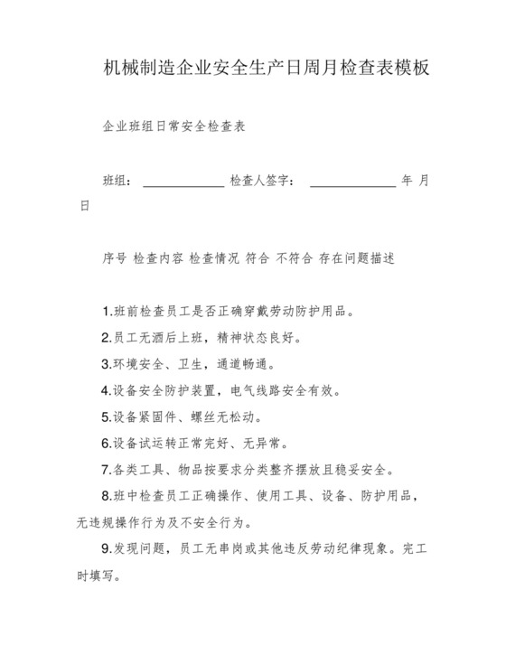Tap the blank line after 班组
pos(183,182)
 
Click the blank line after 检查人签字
pos(352,182)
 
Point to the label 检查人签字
pos(263,181)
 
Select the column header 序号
pos(114,258)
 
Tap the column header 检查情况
pos(215,258)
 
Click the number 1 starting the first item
pos(106,313)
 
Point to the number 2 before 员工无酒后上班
pos(106,339)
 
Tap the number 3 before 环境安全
pos(106,365)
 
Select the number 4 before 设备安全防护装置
pos(106,391)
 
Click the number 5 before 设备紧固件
pos(106,417)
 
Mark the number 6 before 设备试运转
pos(106,444)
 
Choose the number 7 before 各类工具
pos(106,470)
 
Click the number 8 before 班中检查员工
pos(106,496)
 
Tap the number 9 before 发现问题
pos(106,548)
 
